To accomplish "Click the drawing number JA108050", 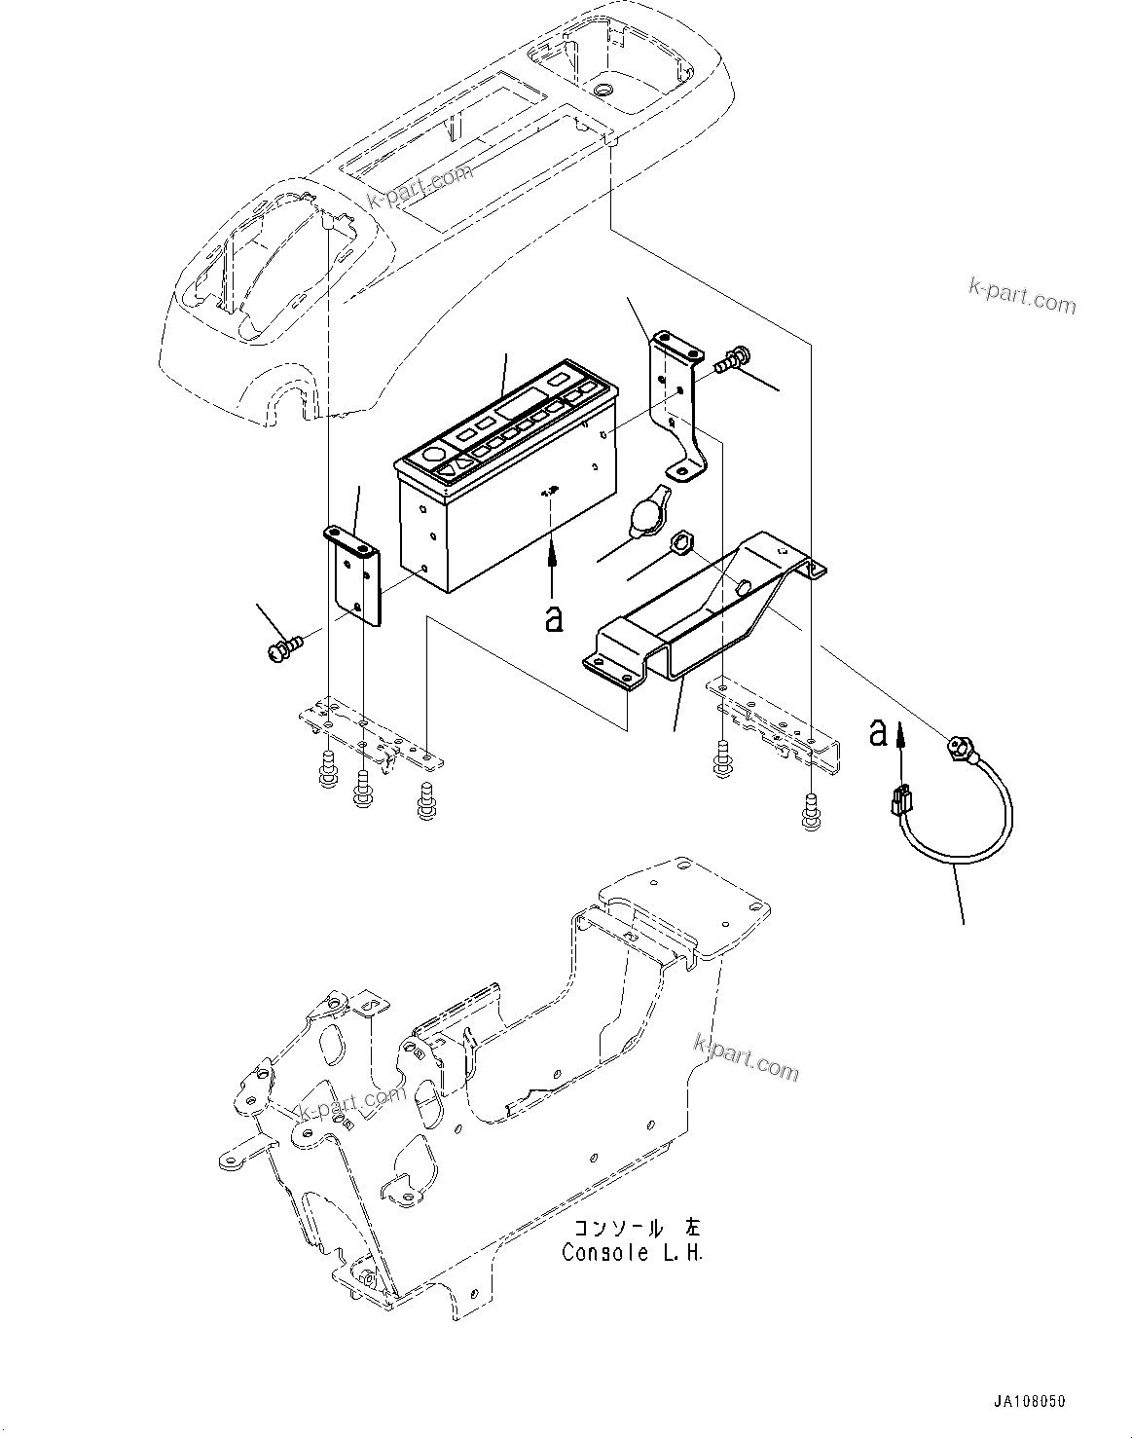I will (1030, 1402).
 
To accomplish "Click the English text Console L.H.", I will (632, 1252).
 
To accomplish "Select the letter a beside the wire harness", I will (878, 732).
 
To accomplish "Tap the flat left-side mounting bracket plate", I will (354, 576).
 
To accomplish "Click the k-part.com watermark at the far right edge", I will (1022, 296).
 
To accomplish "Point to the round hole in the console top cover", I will (603, 89).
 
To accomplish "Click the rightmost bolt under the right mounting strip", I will (810, 810).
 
